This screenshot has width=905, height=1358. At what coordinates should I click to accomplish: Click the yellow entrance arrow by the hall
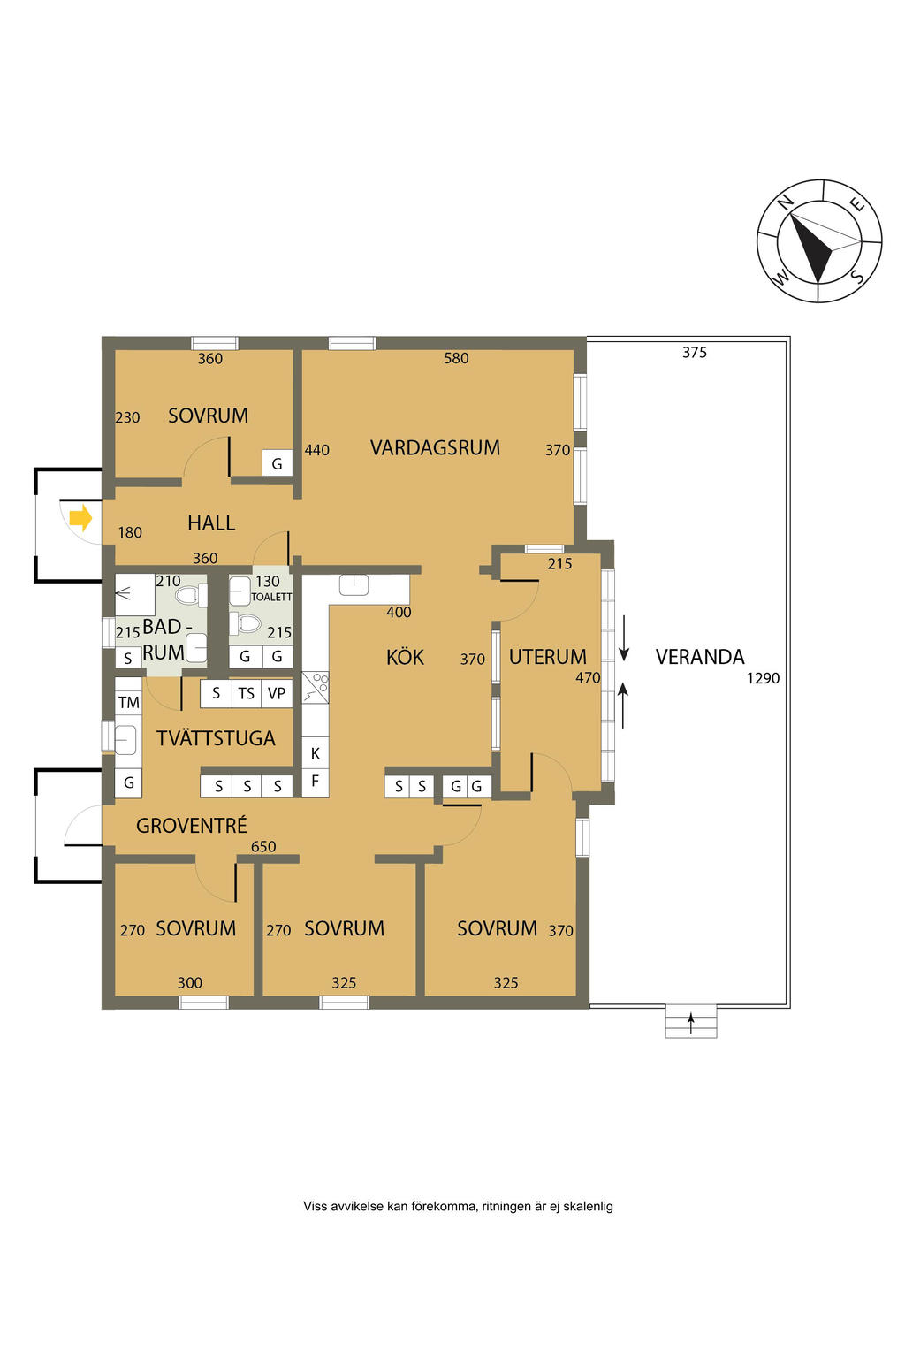point(80,519)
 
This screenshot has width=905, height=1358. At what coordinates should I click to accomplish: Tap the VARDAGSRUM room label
point(435,448)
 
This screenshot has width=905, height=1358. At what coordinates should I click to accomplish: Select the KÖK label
point(405,657)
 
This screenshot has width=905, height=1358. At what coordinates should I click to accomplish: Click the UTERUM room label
point(547,657)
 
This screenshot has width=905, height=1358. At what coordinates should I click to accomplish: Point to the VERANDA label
point(699,657)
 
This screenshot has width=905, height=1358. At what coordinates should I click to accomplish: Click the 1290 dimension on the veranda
point(763,678)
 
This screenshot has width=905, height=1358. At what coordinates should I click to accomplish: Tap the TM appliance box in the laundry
point(128,703)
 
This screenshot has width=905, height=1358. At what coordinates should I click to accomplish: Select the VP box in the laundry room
point(277,693)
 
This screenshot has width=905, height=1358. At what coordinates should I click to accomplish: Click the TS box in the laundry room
point(246,693)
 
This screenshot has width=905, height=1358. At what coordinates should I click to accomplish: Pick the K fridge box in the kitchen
point(316,753)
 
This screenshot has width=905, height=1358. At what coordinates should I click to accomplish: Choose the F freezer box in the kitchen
point(316,782)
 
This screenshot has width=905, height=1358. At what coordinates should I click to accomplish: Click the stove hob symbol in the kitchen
point(316,688)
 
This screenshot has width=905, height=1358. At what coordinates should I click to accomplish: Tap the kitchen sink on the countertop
point(354,585)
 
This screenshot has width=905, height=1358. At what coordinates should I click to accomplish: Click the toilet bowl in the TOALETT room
point(246,623)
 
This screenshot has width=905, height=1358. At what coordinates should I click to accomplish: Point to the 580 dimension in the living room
point(456,358)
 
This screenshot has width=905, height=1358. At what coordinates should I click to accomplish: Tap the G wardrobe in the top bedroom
point(277,464)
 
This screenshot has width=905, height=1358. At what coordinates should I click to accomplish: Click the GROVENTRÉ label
point(192,826)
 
